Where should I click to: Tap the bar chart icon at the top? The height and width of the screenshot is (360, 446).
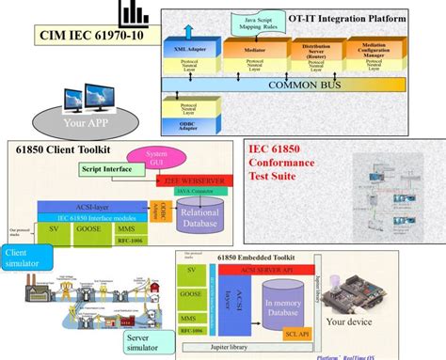[x=135, y=12]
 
